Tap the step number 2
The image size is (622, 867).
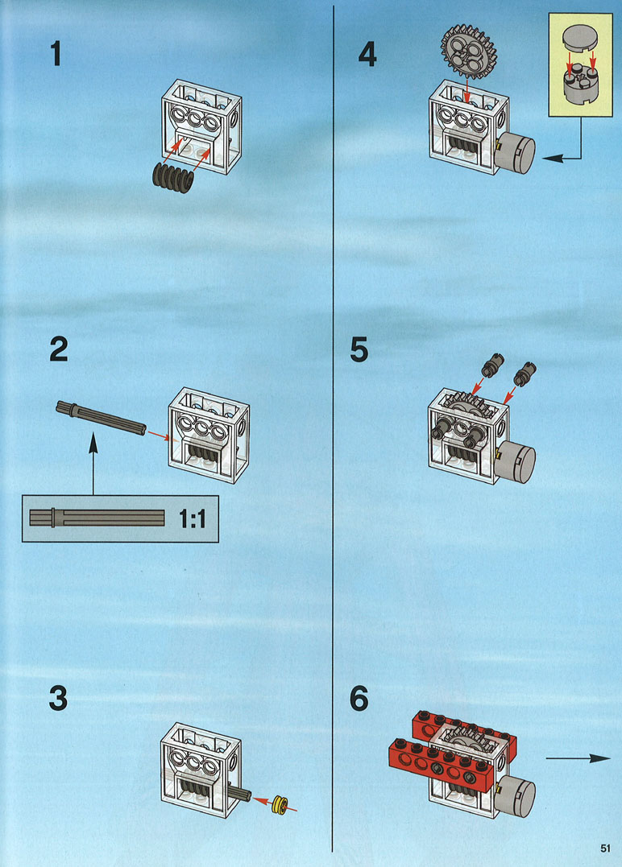click(58, 352)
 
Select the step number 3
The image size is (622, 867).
click(58, 698)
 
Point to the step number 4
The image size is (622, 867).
click(367, 54)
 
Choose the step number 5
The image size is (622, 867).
click(359, 352)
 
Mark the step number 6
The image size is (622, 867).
click(359, 698)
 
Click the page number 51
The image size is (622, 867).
click(605, 847)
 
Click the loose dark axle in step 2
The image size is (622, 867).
click(101, 417)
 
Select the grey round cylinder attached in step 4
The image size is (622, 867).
click(516, 152)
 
